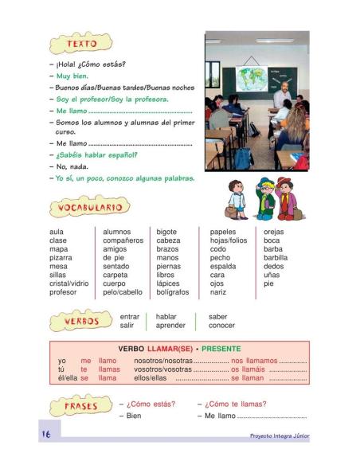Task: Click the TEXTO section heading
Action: (x=80, y=42)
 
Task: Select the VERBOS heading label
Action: (x=79, y=321)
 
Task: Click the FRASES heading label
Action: (x=80, y=407)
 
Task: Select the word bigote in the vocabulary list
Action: (x=167, y=232)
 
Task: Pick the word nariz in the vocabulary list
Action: (x=218, y=292)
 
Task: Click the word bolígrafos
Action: (x=174, y=292)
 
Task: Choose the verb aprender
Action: (x=170, y=326)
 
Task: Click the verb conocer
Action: (x=221, y=326)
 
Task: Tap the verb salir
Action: (x=127, y=326)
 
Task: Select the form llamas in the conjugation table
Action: (x=109, y=369)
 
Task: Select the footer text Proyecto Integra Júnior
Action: (x=278, y=437)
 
